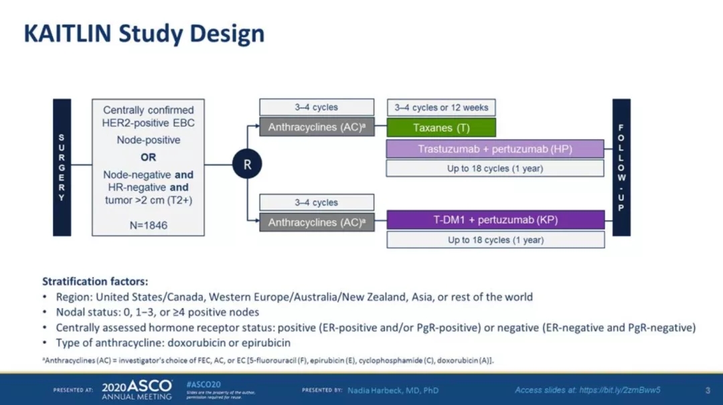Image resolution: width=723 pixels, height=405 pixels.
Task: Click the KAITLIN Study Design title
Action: pyautogui.click(x=144, y=33)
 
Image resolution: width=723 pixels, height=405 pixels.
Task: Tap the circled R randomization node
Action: pyautogui.click(x=247, y=164)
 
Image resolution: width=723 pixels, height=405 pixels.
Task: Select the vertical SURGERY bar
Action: pyautogui.click(x=62, y=167)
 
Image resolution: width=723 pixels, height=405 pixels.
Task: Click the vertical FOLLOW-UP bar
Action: pyautogui.click(x=621, y=167)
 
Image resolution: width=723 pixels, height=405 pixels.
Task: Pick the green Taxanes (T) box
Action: pyautogui.click(x=441, y=128)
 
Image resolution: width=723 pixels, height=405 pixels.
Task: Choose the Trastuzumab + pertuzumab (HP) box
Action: pyautogui.click(x=495, y=149)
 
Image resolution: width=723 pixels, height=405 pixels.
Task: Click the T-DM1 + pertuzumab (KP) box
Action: pyautogui.click(x=495, y=220)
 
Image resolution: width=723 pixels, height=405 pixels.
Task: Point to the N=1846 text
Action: pyautogui.click(x=149, y=226)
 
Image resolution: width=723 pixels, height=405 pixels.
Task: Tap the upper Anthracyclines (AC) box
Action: pyautogui.click(x=317, y=127)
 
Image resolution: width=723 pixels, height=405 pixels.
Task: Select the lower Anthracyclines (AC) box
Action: pyautogui.click(x=317, y=222)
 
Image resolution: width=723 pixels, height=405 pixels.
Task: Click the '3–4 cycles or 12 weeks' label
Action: pyautogui.click(x=441, y=107)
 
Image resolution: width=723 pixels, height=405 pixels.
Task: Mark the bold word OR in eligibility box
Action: pyautogui.click(x=149, y=157)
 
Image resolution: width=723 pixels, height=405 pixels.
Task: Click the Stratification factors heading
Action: pyautogui.click(x=95, y=281)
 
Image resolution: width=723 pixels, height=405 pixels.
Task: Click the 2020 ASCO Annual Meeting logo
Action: pyautogui.click(x=137, y=390)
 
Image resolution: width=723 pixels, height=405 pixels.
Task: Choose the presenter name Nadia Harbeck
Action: pyautogui.click(x=393, y=390)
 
